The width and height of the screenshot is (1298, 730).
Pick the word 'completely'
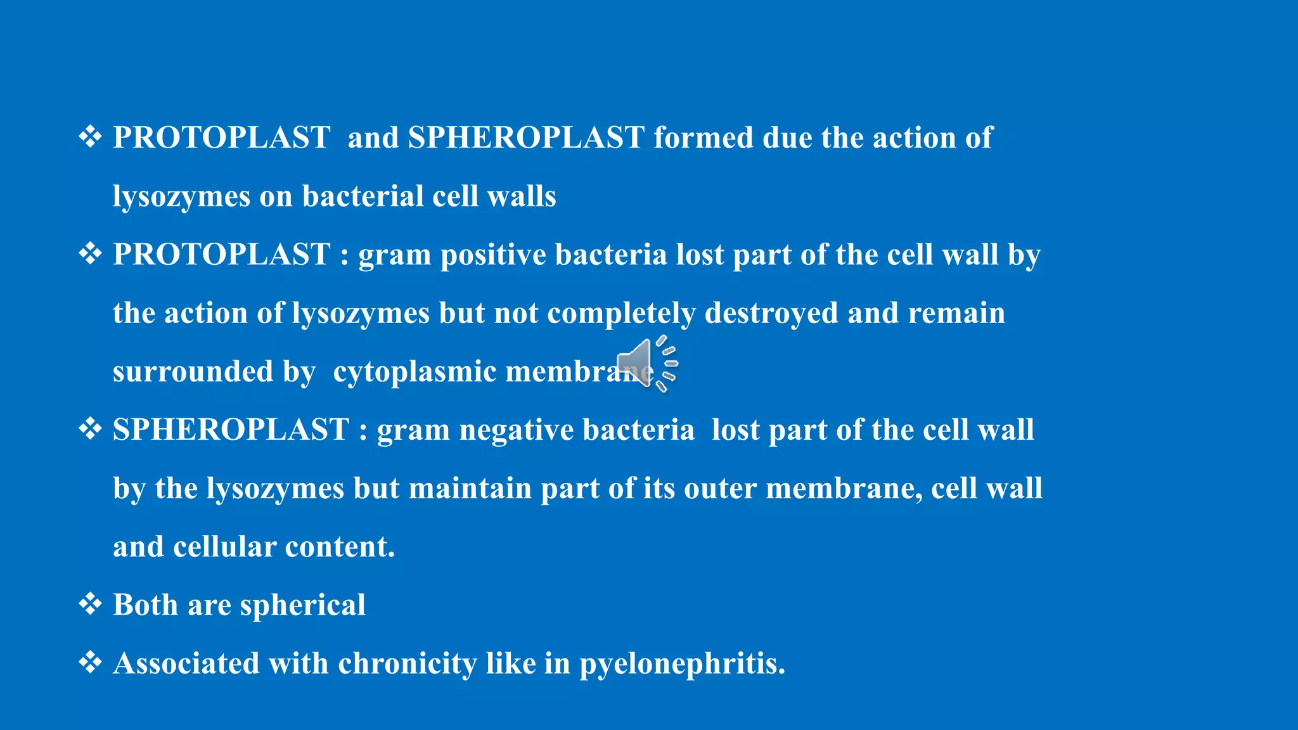point(621,314)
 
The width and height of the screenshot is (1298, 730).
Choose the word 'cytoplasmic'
point(414,372)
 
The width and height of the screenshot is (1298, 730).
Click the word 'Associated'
point(186,663)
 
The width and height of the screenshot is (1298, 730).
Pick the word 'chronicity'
point(407,663)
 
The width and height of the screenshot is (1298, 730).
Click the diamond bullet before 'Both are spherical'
point(90,604)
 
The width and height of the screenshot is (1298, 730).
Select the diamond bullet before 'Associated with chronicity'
point(90,662)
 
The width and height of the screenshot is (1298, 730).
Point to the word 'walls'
point(522,196)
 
